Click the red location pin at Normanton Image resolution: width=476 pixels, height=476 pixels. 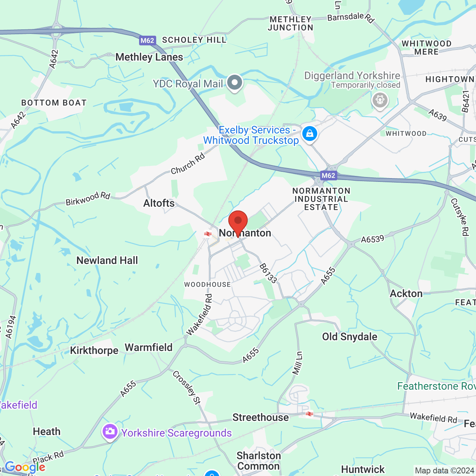click(238, 222)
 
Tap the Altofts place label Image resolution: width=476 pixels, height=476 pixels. click(159, 203)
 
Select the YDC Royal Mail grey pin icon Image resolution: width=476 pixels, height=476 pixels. click(235, 83)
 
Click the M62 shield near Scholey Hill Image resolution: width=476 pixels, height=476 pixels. click(147, 41)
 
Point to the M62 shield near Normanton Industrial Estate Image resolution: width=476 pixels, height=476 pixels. click(328, 176)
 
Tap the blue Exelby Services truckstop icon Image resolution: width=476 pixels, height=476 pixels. click(309, 134)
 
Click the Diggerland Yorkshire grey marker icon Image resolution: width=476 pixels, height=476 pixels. click(380, 100)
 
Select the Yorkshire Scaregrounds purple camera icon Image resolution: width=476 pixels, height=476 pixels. click(110, 432)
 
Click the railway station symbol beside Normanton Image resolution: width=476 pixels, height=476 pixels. click(208, 234)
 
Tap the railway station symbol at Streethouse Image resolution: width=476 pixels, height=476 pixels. click(309, 414)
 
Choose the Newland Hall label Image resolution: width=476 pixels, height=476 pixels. click(107, 260)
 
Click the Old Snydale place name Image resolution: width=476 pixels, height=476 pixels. click(350, 337)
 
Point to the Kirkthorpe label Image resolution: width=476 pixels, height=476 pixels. click(94, 350)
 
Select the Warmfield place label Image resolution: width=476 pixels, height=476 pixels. click(149, 347)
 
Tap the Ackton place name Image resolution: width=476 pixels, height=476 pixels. click(406, 293)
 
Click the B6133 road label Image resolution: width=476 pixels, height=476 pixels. click(268, 273)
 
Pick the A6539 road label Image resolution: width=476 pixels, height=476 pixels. click(372, 239)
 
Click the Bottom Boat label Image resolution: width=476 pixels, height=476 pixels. click(54, 103)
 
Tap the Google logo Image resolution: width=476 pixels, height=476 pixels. click(25, 467)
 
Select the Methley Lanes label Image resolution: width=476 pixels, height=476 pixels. click(149, 57)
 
